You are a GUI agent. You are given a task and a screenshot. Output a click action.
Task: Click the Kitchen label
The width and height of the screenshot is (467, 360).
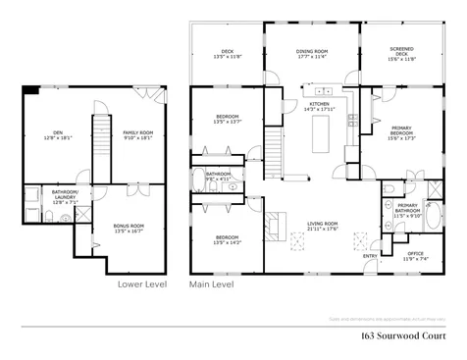[321, 106]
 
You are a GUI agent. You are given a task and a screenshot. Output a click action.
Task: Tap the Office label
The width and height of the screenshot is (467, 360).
[416, 255]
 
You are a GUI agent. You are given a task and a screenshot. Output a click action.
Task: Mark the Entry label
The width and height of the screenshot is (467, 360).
[370, 257]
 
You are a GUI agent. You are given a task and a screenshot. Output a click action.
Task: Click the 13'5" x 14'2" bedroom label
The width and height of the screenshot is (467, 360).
[227, 239]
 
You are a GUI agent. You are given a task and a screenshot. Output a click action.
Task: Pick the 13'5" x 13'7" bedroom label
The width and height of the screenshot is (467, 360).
[227, 120]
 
